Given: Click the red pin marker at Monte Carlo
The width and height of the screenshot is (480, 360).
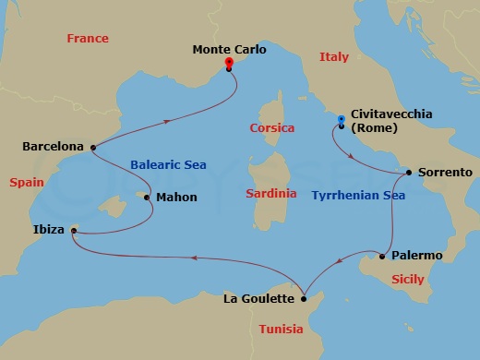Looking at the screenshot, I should point(229,64).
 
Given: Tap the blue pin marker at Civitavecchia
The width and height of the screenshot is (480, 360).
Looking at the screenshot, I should point(341,120).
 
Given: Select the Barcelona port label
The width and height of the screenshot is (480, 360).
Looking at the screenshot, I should point(53,147).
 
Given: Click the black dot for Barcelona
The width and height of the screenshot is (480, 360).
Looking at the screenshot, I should point(93,146).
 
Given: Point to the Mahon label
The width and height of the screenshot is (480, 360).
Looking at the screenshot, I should point(175,197).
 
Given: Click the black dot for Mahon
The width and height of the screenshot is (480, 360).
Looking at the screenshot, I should point(147,197).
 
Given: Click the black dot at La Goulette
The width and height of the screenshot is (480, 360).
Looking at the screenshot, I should point(304,297).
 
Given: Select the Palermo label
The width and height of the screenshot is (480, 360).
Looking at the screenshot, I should point(417,255).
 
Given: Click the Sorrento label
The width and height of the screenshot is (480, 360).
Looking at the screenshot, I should point(445,173).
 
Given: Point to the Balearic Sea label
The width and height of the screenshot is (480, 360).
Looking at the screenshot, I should point(168,165).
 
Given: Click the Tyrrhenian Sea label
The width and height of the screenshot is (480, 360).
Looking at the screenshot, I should point(359,197).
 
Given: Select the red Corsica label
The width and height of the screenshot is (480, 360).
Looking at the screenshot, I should point(272,128).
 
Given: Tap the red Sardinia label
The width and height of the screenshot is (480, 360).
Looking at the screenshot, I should point(271,194).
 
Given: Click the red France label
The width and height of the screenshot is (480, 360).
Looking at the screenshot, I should point(88,39).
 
